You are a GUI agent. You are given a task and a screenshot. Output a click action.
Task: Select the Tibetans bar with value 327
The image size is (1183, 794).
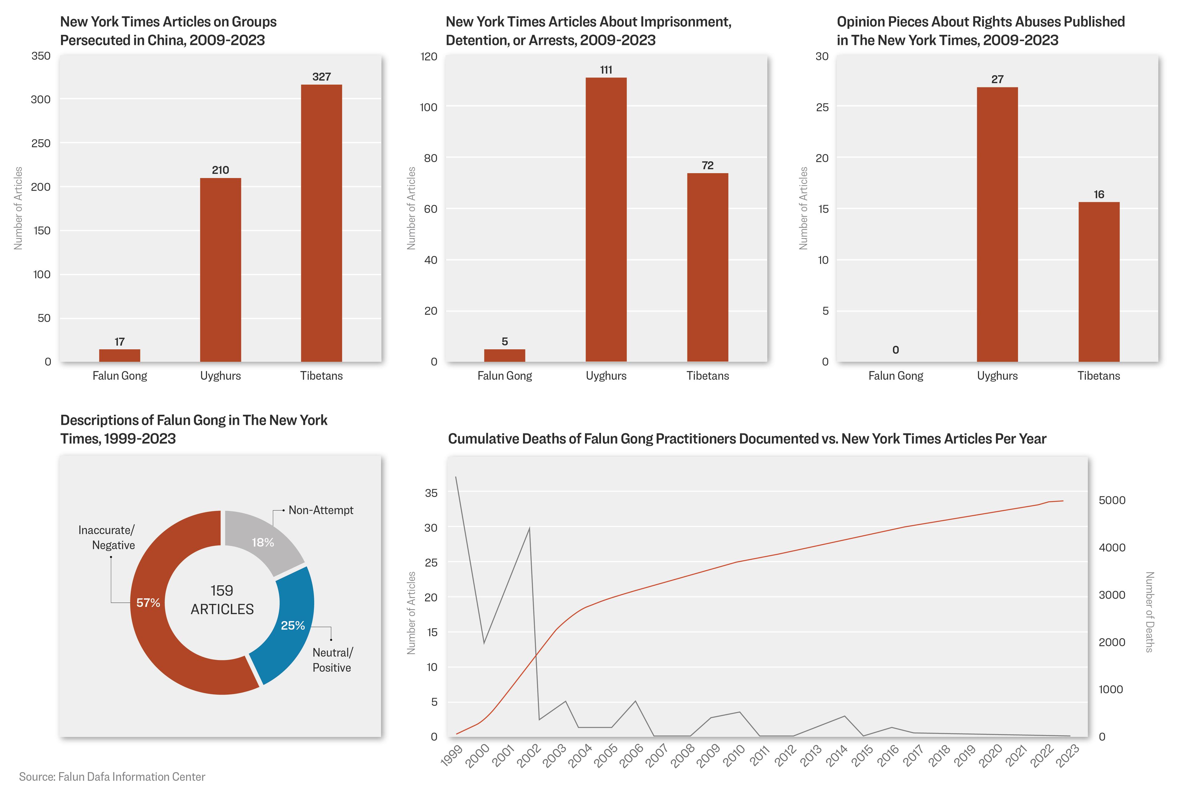(321, 223)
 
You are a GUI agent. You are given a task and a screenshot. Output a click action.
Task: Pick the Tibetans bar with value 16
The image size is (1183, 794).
(1099, 282)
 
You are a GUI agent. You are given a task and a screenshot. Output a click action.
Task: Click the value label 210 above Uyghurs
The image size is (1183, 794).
(220, 170)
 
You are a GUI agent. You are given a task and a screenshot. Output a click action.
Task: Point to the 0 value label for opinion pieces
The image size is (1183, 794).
(896, 350)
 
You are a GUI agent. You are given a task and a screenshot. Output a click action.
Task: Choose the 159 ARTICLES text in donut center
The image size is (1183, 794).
(222, 600)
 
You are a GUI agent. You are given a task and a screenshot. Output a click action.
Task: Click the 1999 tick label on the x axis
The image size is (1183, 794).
(452, 755)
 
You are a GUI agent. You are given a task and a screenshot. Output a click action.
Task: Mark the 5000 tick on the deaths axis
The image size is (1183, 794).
(1112, 500)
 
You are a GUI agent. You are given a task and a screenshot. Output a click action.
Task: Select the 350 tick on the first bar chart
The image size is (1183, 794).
(41, 56)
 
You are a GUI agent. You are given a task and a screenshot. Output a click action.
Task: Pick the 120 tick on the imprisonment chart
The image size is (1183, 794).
(429, 56)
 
